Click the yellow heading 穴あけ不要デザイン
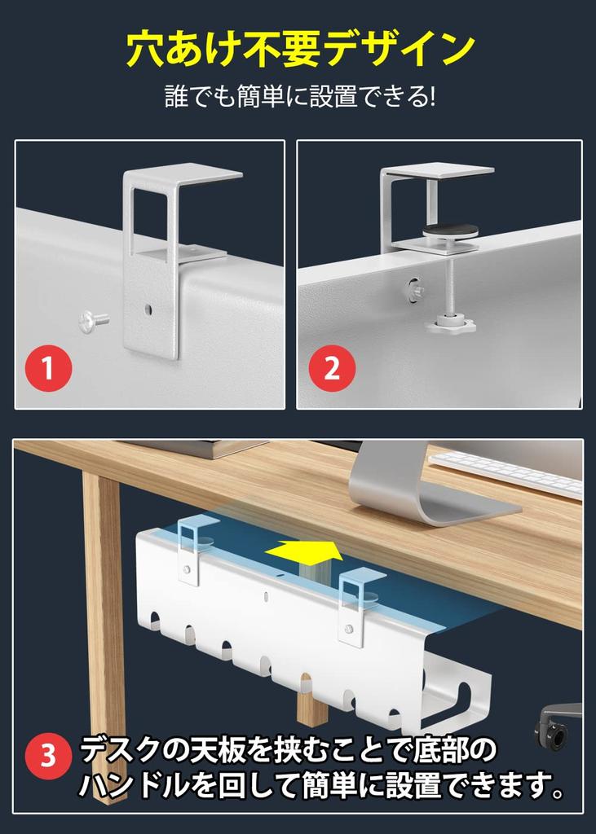click(x=299, y=50)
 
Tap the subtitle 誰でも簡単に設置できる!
click(x=299, y=98)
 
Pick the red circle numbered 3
click(x=49, y=757)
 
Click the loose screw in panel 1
click(x=92, y=321)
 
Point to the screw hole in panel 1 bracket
click(x=148, y=309)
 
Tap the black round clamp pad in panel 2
click(x=451, y=231)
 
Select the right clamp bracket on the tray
click(x=356, y=606)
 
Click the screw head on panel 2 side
click(x=415, y=288)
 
